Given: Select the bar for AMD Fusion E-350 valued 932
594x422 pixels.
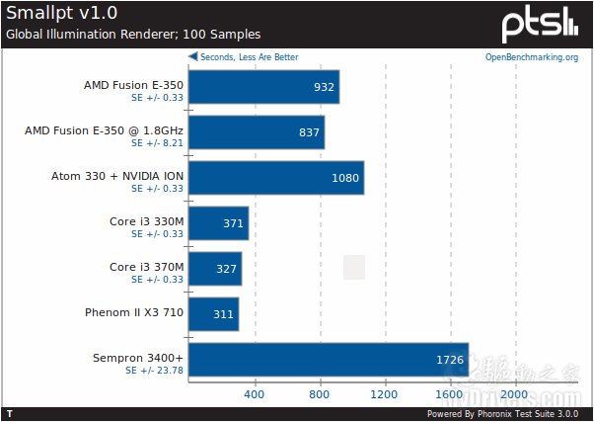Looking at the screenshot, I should (263, 87).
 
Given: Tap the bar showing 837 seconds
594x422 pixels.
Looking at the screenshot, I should (256, 132).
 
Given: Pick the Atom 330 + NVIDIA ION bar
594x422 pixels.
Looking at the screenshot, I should (275, 178).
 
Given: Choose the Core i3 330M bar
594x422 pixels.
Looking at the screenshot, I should (217, 223).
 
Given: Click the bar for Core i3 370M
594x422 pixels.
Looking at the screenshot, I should (214, 269).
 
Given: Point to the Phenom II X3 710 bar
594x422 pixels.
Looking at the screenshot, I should (212, 314).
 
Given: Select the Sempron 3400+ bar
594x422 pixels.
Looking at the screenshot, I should (328, 360).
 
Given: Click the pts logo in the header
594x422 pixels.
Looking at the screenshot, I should (540, 23).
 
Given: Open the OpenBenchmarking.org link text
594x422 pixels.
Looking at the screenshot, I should (532, 57).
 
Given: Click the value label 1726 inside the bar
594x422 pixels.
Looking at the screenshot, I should (449, 361).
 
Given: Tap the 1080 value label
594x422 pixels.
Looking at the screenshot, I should (345, 179).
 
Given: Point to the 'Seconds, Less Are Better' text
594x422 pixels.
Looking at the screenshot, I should (249, 57).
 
